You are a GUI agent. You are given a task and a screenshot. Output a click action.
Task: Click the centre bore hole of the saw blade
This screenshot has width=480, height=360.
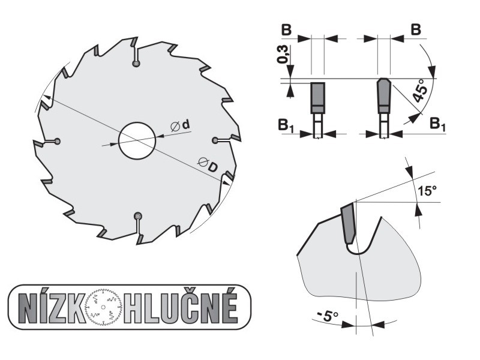(137, 140)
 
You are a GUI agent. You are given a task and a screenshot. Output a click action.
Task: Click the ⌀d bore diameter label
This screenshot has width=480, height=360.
(181, 125)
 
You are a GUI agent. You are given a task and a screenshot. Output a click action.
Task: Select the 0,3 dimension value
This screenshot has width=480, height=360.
(282, 54)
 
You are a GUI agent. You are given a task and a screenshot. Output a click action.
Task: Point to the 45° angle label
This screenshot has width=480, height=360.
(419, 91)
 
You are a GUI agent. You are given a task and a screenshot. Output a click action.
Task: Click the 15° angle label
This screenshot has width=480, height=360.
(427, 190)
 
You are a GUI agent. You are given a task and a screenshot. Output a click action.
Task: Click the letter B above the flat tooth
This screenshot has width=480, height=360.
(286, 30)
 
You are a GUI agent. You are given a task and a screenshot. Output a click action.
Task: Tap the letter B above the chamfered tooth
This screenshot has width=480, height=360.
(415, 29)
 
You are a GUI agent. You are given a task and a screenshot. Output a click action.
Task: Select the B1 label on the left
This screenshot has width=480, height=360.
(286, 126)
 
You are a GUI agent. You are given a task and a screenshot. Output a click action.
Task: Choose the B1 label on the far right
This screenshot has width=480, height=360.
(437, 124)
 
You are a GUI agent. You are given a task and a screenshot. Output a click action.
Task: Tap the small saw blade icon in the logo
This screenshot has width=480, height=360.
(104, 307)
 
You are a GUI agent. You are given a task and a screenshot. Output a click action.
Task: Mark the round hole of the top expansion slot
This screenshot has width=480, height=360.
(136, 64)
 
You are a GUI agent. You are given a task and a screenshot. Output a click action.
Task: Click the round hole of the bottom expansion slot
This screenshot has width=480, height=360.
(138, 216)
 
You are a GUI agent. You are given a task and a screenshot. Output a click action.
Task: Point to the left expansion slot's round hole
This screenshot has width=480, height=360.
(57, 141)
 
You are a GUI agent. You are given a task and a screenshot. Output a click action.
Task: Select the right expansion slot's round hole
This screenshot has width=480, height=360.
(215, 140)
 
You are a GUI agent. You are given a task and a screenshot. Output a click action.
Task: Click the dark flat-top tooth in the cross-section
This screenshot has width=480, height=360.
(318, 98)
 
